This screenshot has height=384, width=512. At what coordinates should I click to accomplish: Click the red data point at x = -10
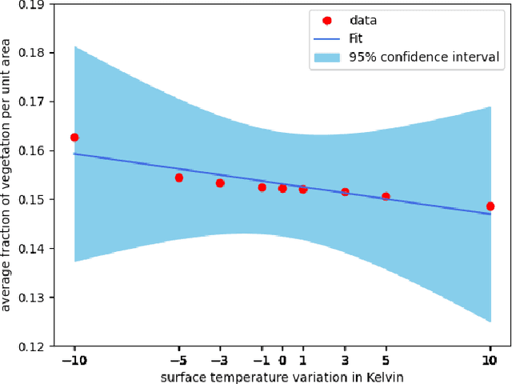(74, 138)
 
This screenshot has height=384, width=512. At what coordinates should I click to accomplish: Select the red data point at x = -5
(178, 178)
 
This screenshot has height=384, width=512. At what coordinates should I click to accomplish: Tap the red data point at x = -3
(220, 183)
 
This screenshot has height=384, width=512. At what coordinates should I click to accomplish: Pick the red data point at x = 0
(282, 188)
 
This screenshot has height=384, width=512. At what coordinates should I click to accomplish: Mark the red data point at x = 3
(345, 192)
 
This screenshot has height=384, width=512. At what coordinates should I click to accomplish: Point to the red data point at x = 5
(386, 196)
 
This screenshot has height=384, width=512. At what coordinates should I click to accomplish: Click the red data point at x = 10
(490, 206)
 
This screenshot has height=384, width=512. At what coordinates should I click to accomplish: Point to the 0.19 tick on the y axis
(30, 4)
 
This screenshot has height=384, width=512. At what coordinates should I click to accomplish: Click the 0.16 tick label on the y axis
(30, 150)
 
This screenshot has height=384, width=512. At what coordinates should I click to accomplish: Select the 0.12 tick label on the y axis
(30, 346)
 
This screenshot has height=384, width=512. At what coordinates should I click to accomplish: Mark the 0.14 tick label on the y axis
(30, 248)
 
